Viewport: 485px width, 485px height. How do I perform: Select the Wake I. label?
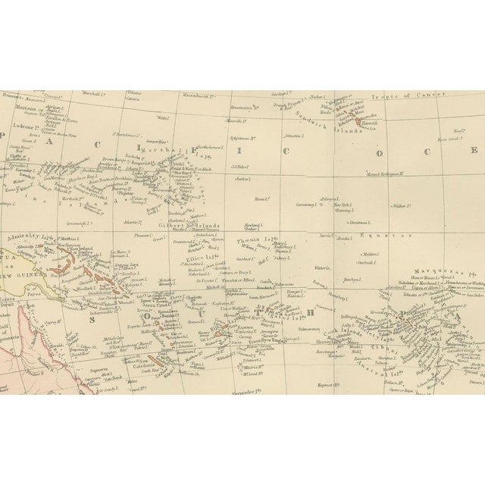pyautogui.click(x=161, y=118)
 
